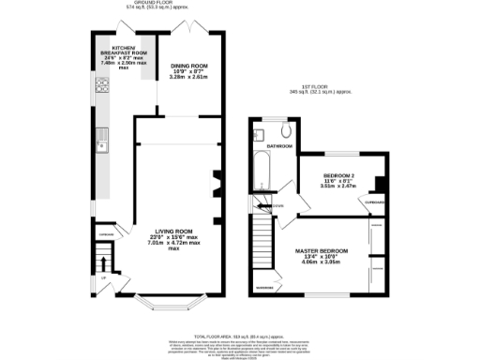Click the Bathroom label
pos(280,148)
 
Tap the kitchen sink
pos(99,143)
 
